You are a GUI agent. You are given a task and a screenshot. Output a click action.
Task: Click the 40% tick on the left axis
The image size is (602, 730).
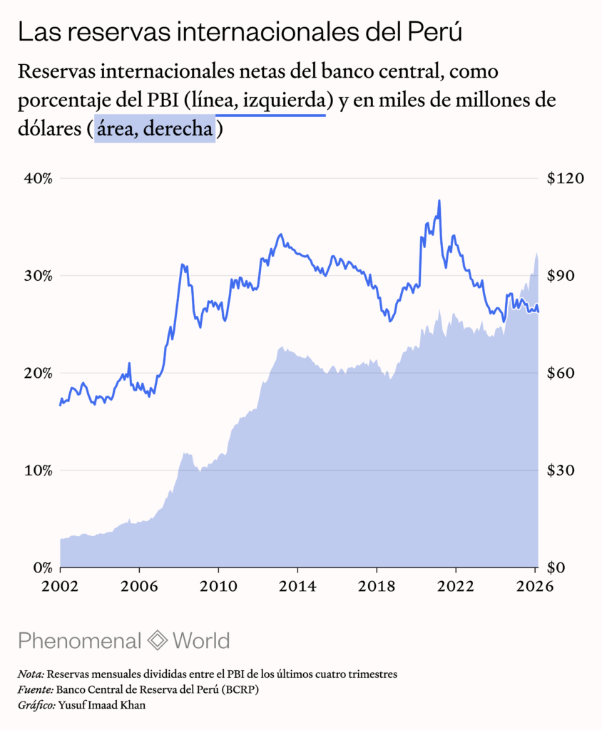point(39,179)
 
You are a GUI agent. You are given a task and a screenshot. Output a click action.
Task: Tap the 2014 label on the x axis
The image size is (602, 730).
point(297,586)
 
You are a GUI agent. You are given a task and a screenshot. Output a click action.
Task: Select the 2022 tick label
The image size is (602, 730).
point(456,586)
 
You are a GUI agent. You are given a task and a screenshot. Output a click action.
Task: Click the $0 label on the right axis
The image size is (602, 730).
point(556,567)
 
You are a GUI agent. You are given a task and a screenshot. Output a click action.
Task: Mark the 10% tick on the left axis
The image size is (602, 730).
point(39,471)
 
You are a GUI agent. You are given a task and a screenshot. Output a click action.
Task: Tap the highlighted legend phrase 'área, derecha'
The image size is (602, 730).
point(155,128)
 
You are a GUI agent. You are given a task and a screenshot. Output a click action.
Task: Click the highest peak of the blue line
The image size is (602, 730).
point(439,200)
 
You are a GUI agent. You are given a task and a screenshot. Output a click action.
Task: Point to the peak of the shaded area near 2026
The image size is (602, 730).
point(537,253)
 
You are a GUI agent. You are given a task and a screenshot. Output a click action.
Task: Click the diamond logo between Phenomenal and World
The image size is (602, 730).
point(157,641)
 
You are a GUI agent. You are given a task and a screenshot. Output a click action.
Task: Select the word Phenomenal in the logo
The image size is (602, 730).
point(79,641)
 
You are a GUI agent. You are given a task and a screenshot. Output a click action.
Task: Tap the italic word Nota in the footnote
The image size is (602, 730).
point(31,674)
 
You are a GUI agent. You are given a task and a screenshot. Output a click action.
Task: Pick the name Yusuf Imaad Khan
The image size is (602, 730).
point(101,705)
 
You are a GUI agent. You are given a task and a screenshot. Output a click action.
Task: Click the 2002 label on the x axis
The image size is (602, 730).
point(60,586)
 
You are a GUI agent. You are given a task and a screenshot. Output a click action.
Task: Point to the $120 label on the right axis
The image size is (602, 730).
point(565,178)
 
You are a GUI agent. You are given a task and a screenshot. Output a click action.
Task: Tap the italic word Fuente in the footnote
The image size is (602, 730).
point(36,689)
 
